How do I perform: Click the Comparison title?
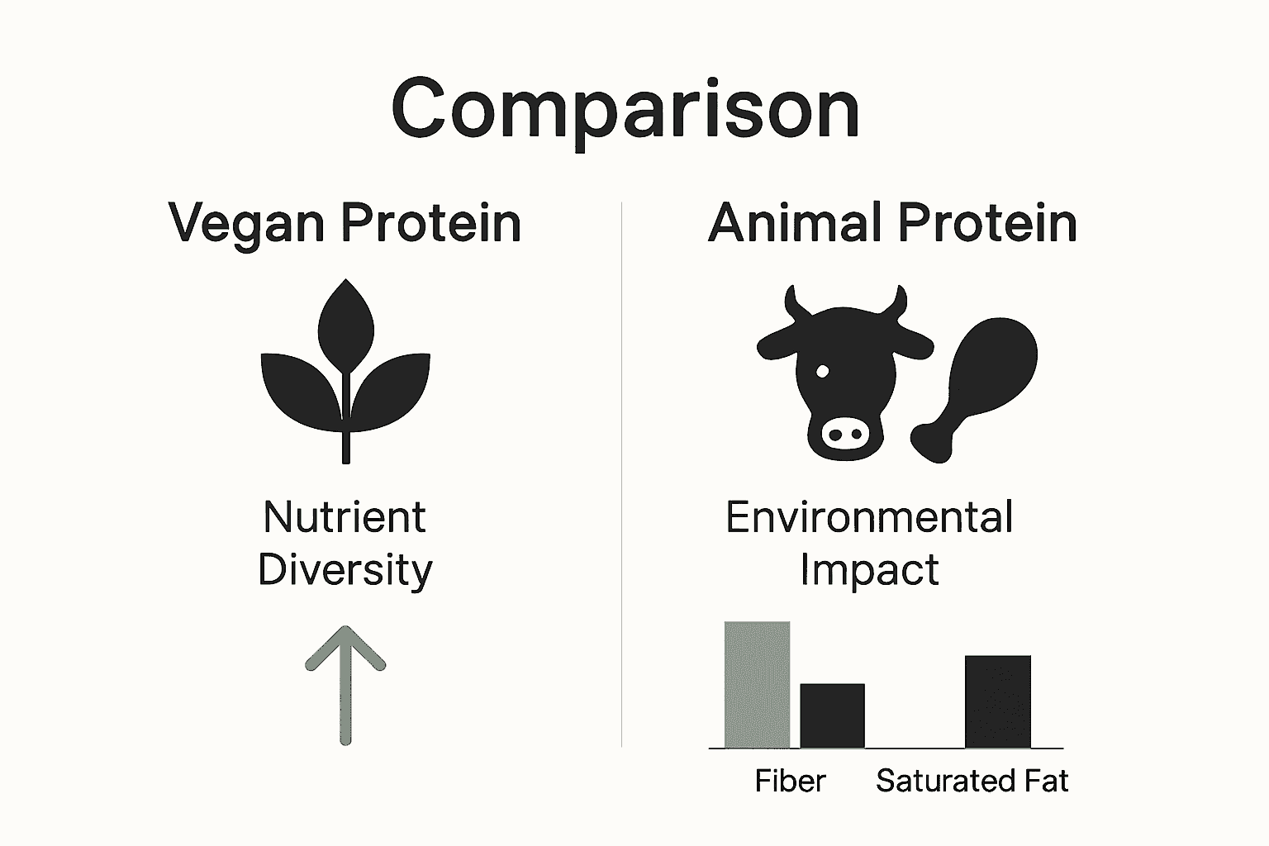tap(625, 109)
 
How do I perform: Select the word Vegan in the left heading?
tap(246, 223)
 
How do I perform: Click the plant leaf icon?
tap(345, 372)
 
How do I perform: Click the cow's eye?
tap(822, 371)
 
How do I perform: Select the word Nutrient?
tap(345, 518)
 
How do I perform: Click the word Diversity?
tap(345, 570)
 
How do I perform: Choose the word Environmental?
tap(869, 518)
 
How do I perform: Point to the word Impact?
tap(869, 570)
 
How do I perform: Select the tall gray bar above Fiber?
tap(757, 684)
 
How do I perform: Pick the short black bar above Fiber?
tap(832, 715)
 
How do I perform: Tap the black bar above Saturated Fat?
tap(997, 701)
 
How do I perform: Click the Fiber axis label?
tap(790, 781)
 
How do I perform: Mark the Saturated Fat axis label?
tap(972, 781)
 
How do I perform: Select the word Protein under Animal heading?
tap(987, 223)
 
